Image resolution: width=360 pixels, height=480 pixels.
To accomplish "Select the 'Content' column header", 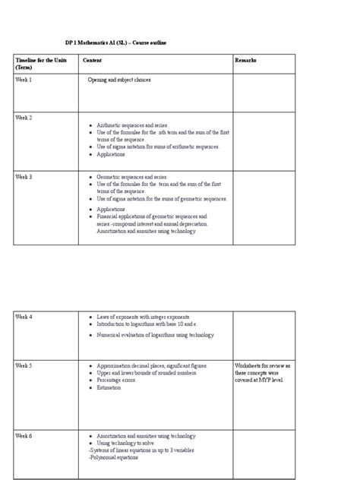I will [x=93, y=60].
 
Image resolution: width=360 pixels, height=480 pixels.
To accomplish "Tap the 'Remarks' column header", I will [x=246, y=60].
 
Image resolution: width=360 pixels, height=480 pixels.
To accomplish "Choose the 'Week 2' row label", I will [x=24, y=118].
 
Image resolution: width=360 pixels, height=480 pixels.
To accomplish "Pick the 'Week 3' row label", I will [x=24, y=176].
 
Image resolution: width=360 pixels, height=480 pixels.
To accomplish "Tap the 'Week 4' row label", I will [x=24, y=316].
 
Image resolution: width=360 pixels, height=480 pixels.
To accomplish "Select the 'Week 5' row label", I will [x=24, y=365].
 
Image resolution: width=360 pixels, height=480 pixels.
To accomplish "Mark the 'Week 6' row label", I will [x=24, y=435].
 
